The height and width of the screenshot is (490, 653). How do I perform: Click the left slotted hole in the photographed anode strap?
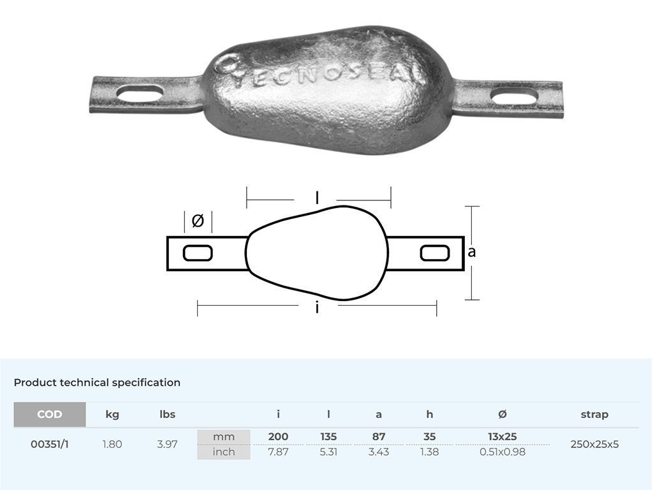140,94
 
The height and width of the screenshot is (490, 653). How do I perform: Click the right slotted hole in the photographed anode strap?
514,98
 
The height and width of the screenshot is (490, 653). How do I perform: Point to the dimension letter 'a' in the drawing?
472,252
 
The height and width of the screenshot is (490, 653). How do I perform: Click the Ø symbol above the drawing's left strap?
198,221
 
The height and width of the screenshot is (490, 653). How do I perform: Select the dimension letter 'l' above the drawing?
318,198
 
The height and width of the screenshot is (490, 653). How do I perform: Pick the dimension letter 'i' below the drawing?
317,308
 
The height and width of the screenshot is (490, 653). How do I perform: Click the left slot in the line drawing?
198,253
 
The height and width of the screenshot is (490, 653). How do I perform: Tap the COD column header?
50,414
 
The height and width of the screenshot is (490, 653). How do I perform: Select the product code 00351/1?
50,444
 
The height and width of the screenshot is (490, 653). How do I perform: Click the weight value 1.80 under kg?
112,444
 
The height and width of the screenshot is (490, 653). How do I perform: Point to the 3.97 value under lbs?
167,444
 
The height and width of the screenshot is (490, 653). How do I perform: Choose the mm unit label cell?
224,437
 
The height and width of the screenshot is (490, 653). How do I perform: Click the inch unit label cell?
224,452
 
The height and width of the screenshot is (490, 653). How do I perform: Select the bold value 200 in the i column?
278,437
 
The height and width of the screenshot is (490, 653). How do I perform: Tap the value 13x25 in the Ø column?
502,437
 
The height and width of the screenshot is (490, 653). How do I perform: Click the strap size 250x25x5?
594,444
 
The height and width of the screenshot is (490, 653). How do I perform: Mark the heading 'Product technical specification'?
97,383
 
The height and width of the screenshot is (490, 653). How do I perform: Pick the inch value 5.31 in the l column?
328,452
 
